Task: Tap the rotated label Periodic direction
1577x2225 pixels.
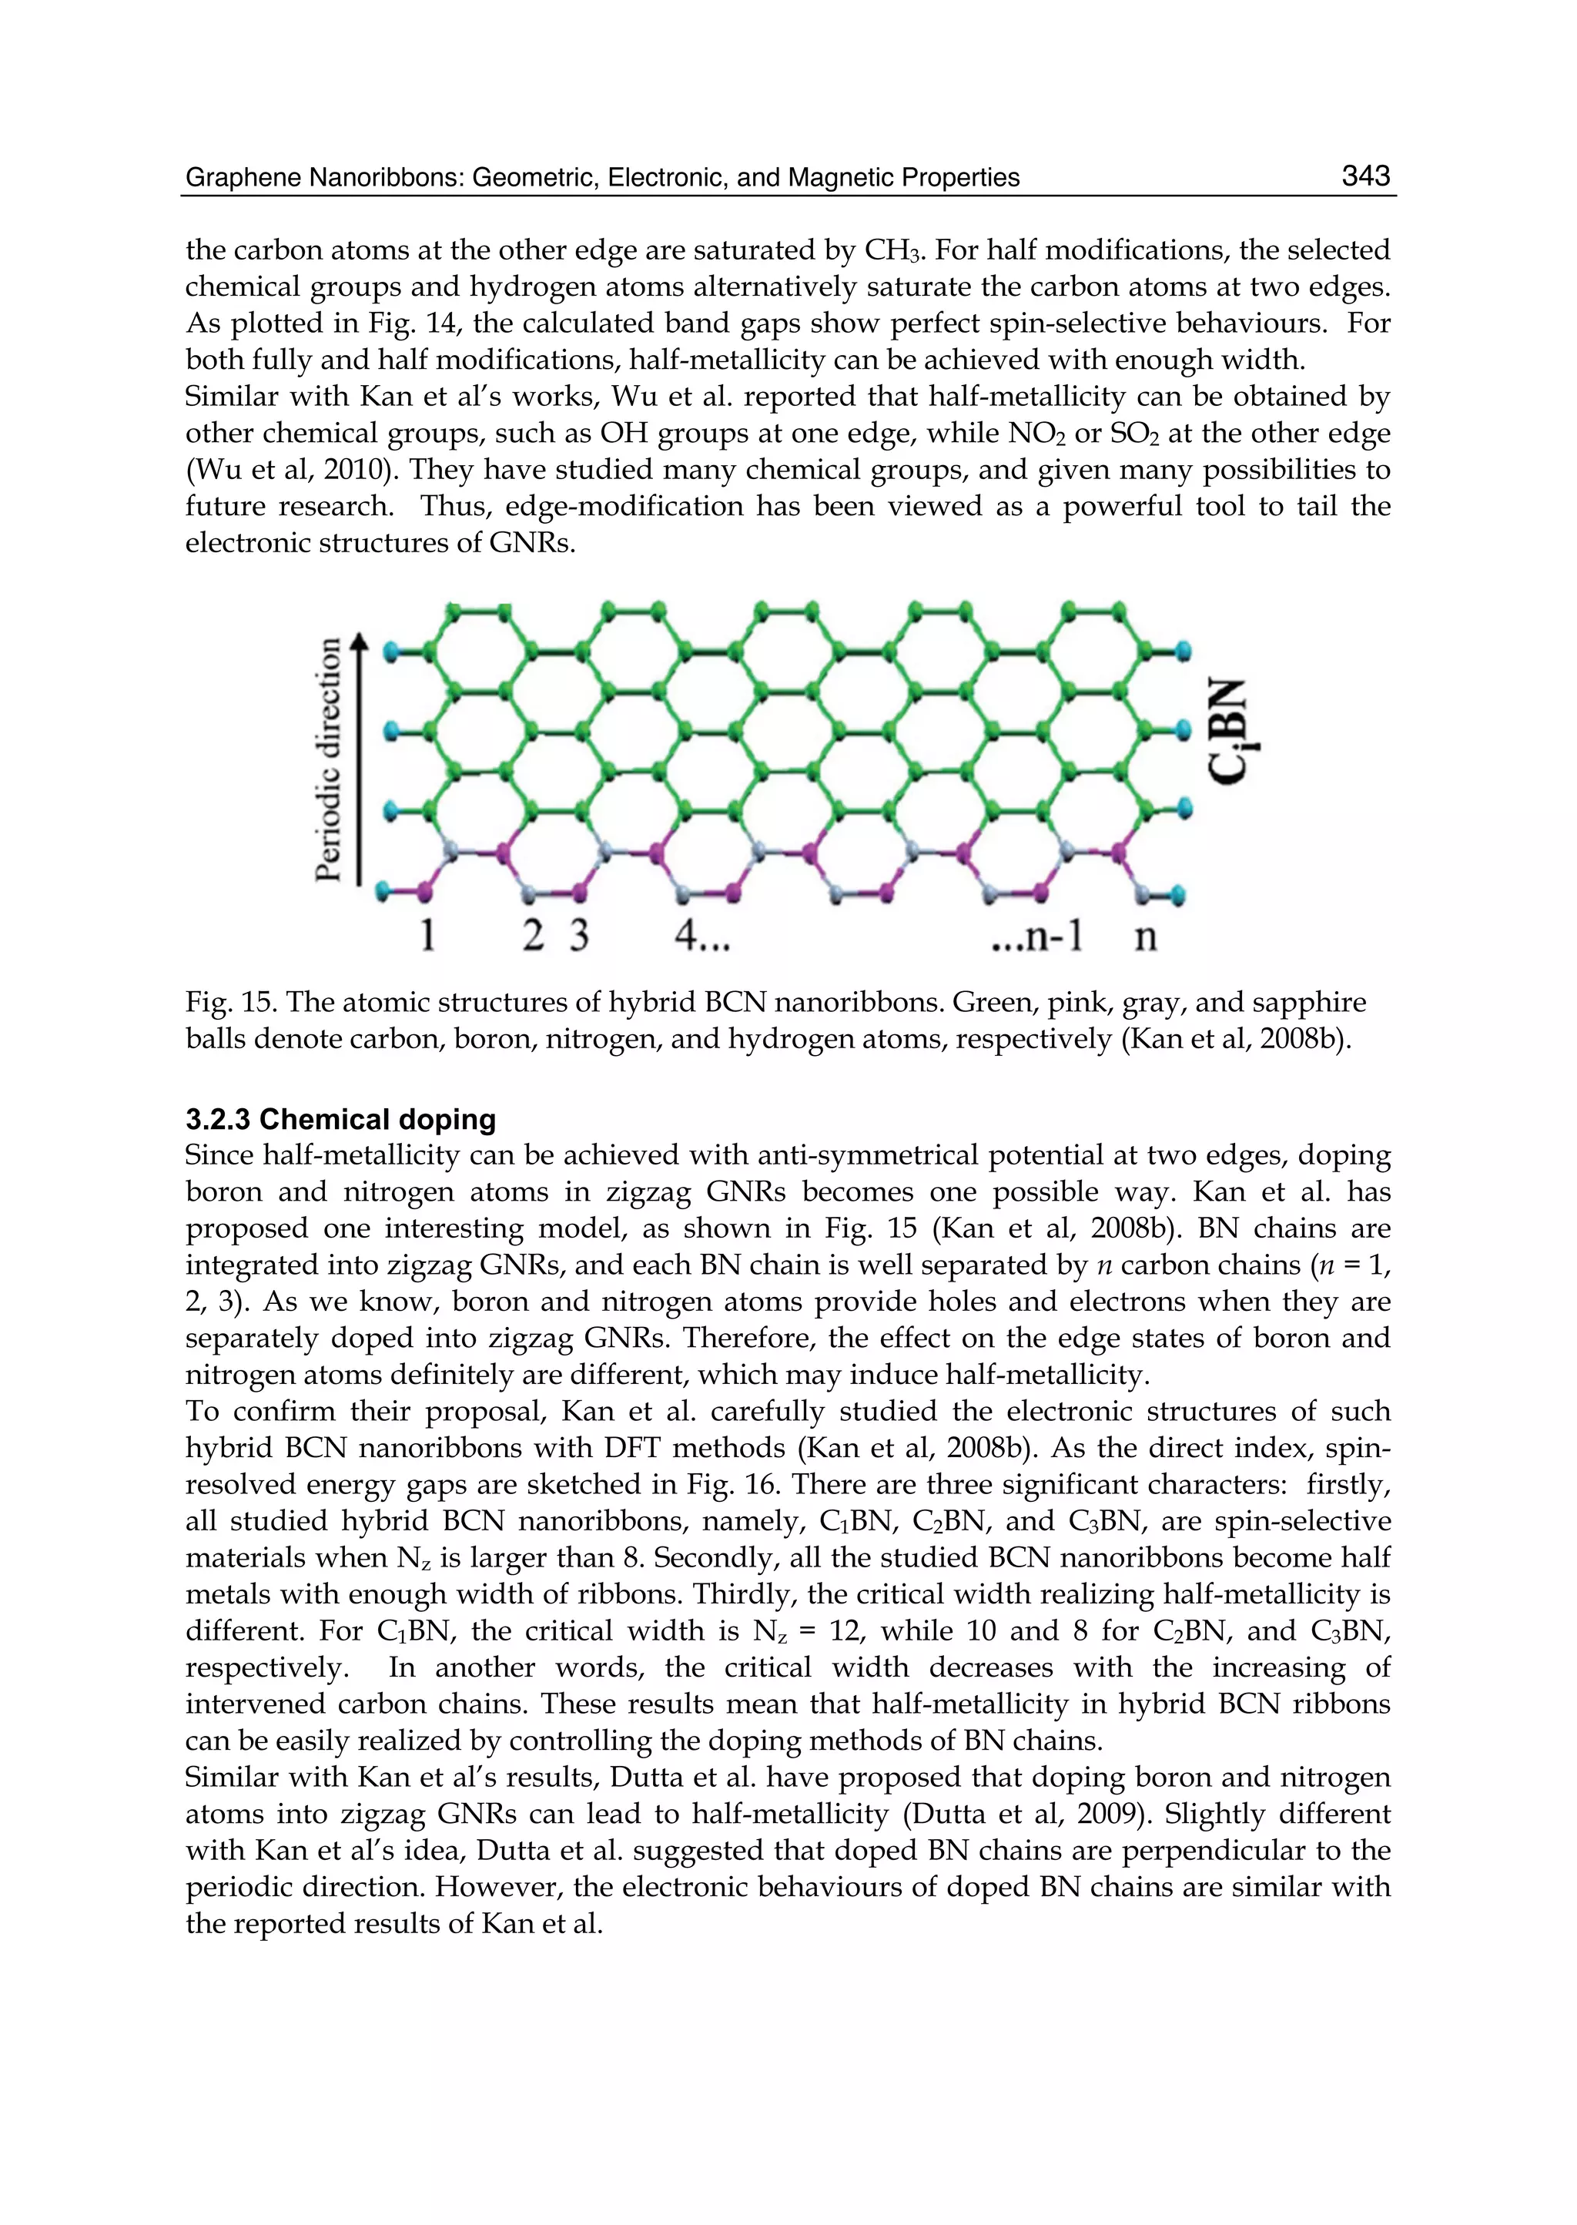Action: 330,759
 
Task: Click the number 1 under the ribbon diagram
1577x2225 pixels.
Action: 427,935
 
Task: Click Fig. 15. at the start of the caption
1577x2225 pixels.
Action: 230,1001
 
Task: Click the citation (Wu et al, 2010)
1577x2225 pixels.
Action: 293,470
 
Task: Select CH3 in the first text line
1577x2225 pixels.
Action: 892,250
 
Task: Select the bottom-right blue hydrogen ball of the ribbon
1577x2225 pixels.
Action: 1178,893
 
